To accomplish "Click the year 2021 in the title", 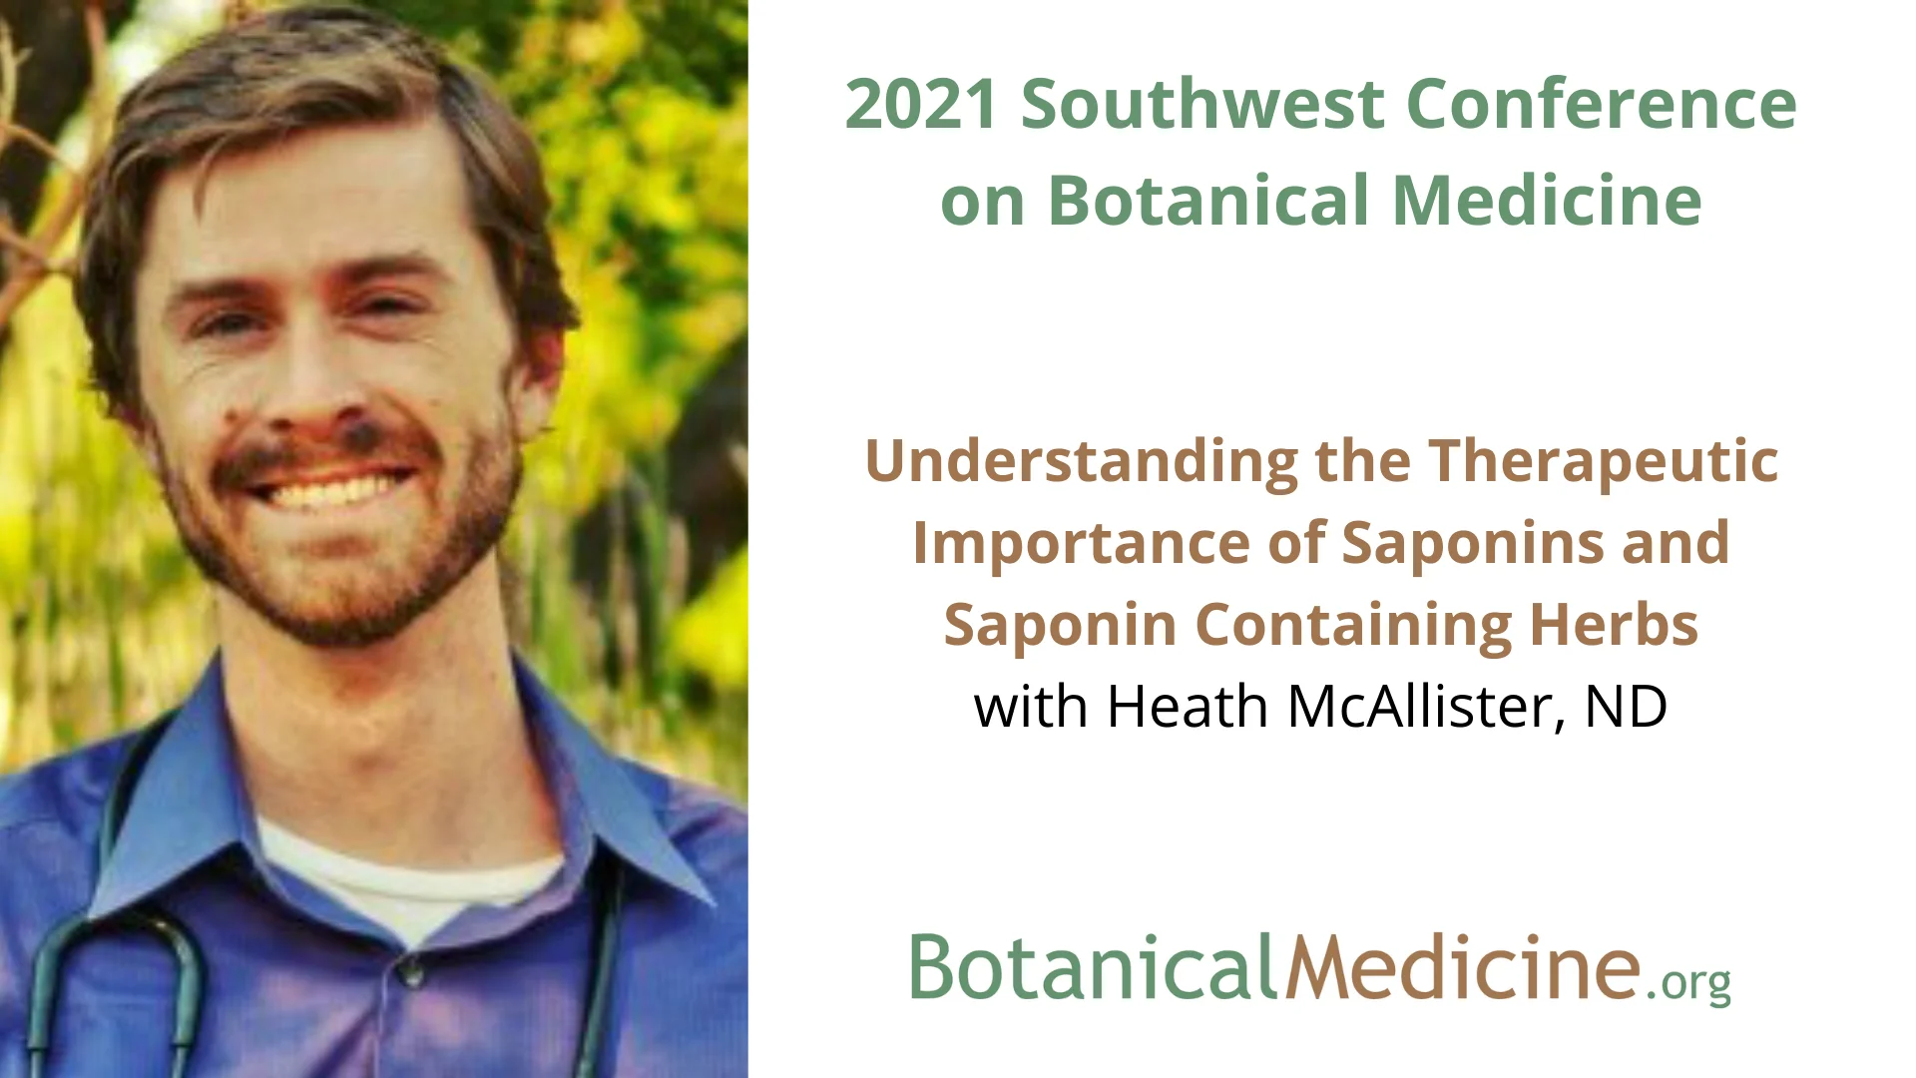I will point(919,104).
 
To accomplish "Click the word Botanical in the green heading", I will point(1208,201).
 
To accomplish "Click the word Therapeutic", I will point(1603,462).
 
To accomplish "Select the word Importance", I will point(1082,544).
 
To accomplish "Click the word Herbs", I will point(1614,626).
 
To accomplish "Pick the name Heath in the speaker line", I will point(1188,707).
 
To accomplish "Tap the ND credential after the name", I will point(1626,707).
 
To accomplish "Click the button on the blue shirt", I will point(407,966).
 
